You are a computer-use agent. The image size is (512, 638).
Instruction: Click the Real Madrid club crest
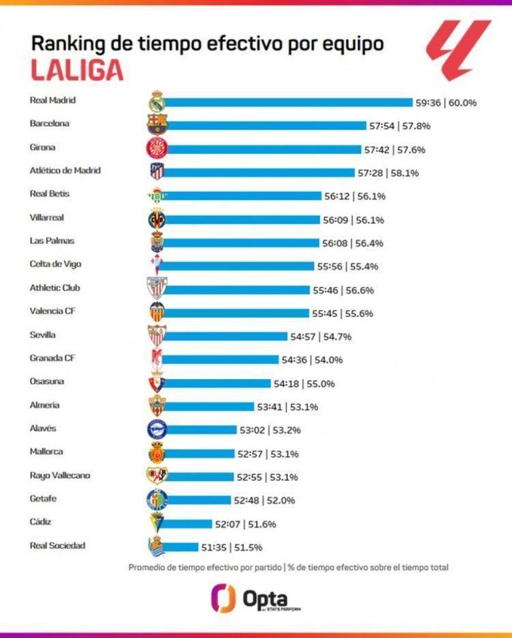pyautogui.click(x=157, y=101)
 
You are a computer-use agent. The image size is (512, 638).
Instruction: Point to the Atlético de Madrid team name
pyautogui.click(x=65, y=170)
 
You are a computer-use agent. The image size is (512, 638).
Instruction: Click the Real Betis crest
pyautogui.click(x=156, y=196)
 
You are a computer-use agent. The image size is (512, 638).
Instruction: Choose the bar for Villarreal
pyautogui.click(x=242, y=220)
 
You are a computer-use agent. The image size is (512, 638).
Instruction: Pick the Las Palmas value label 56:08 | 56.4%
pyautogui.click(x=355, y=243)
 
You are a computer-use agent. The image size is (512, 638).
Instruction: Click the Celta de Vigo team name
pyautogui.click(x=56, y=264)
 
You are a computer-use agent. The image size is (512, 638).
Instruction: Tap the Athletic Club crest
pyautogui.click(x=156, y=288)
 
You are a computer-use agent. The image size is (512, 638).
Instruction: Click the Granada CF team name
pyautogui.click(x=52, y=358)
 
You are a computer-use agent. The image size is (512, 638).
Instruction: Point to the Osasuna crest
pyautogui.click(x=156, y=383)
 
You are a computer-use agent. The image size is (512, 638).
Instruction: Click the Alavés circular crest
pyautogui.click(x=156, y=429)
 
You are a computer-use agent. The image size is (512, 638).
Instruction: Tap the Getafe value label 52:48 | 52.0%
pyautogui.click(x=264, y=501)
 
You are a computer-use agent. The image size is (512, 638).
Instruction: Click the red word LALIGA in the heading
pyautogui.click(x=76, y=70)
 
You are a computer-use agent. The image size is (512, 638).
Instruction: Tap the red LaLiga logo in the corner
pyautogui.click(x=458, y=48)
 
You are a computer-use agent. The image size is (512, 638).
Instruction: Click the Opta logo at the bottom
pyautogui.click(x=255, y=598)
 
